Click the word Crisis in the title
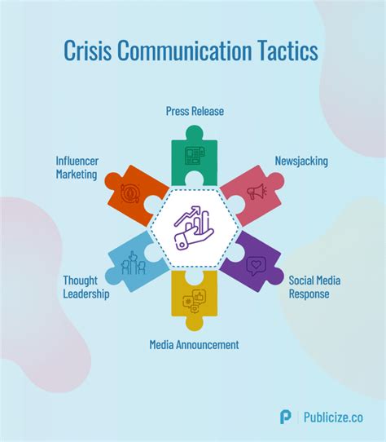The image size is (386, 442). click(88, 51)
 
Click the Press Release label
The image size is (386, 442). click(195, 111)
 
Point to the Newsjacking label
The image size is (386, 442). click(301, 161)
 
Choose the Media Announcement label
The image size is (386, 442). click(194, 344)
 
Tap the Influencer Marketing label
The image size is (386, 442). click(77, 168)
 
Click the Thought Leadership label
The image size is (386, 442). click(86, 287)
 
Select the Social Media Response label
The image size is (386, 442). click(315, 287)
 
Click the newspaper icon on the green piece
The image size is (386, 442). click(195, 156)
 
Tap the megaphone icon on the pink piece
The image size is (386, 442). click(257, 192)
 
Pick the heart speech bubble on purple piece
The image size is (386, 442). click(256, 266)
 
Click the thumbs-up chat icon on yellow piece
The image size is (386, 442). click(195, 301)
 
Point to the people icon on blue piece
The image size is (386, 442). click(134, 263)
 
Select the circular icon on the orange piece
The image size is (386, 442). click(129, 193)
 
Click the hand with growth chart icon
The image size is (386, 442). click(194, 228)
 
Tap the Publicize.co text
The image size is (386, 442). click(333, 418)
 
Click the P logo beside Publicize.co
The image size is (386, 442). click(286, 418)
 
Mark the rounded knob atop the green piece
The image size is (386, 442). click(195, 132)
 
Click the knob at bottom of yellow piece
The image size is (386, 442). click(195, 323)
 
